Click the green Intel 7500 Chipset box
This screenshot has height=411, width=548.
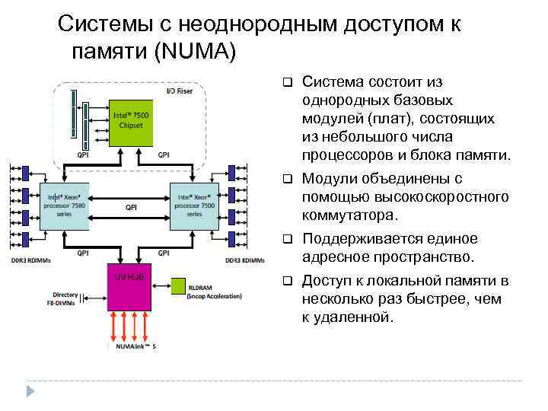click(132, 122)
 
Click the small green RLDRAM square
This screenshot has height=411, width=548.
click(177, 287)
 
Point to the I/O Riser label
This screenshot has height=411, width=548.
click(180, 91)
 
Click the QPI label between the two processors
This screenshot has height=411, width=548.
click(131, 206)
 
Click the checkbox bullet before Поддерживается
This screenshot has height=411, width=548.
click(288, 238)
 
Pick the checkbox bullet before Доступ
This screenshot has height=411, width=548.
click(288, 280)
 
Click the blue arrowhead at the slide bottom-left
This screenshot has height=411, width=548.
click(31, 391)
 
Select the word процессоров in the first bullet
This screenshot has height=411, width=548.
click(346, 155)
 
